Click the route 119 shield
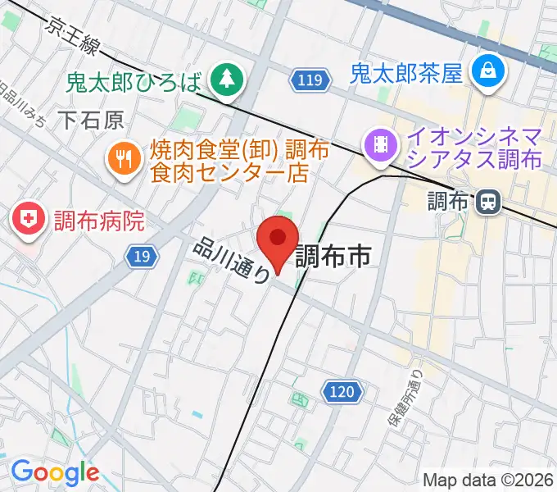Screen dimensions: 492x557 point(310,80)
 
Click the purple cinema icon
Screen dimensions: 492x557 point(381,144)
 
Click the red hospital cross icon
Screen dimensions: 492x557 point(29,220)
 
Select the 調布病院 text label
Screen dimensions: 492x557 point(100,220)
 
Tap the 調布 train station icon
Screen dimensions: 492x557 point(490,200)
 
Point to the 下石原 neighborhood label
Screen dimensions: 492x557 point(91,121)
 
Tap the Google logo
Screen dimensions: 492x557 point(55,472)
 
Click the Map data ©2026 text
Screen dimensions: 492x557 point(488,479)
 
